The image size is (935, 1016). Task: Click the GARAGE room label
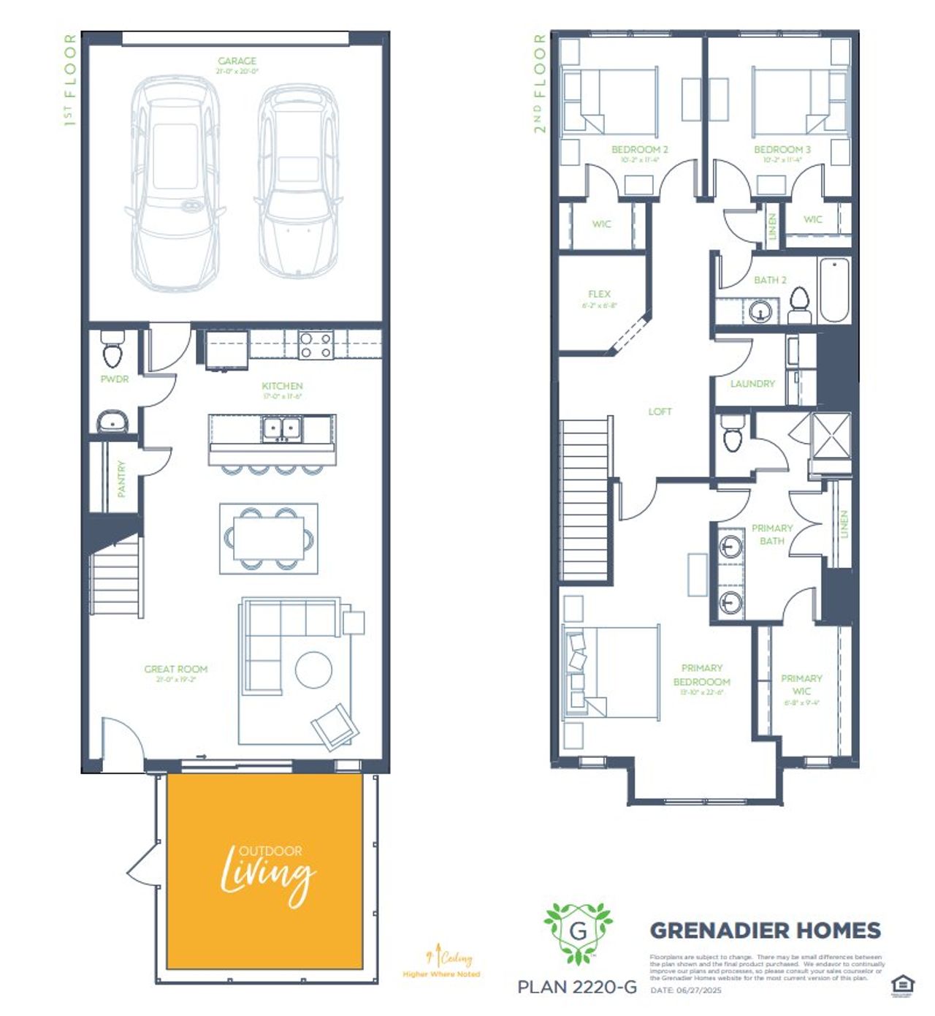(x=237, y=61)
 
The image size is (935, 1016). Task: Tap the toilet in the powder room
(x=112, y=350)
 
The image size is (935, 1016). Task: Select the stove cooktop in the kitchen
(x=316, y=344)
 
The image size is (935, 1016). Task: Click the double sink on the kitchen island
(x=281, y=429)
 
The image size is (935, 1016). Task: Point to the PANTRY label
(x=121, y=479)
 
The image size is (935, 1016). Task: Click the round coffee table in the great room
(x=313, y=669)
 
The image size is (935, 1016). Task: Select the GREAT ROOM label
(x=175, y=669)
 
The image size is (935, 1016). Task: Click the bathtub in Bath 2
(x=833, y=289)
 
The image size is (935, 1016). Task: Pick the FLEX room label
(x=599, y=294)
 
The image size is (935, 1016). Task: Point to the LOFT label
(x=660, y=412)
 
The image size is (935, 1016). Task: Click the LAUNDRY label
(x=752, y=384)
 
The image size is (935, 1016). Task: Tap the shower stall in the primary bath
(x=831, y=436)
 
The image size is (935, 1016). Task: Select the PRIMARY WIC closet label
(x=801, y=685)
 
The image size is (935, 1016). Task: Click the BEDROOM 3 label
(x=782, y=149)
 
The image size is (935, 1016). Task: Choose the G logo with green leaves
(x=578, y=932)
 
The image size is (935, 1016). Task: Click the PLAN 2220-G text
(x=577, y=987)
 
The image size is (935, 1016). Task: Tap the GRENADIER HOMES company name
(x=765, y=930)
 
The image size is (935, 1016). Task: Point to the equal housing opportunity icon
(x=903, y=985)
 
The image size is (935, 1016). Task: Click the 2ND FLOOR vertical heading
(x=540, y=83)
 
